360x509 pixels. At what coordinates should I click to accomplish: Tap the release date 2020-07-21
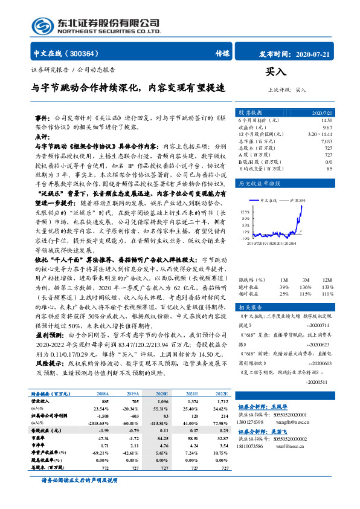click(x=314, y=53)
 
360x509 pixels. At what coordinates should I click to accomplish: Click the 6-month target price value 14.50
click(x=326, y=121)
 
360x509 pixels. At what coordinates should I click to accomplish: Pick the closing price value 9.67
click(x=327, y=128)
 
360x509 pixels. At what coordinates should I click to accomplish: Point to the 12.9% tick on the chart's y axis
click(x=244, y=212)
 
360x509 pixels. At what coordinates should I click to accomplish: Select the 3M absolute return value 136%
click(x=306, y=287)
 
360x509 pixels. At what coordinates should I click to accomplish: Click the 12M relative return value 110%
click(x=327, y=294)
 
